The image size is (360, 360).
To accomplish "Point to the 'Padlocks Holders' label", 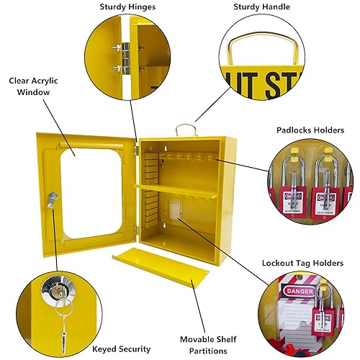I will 307,130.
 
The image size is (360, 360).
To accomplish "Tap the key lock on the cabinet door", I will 52,198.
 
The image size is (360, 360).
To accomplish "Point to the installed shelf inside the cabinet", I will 178,191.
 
